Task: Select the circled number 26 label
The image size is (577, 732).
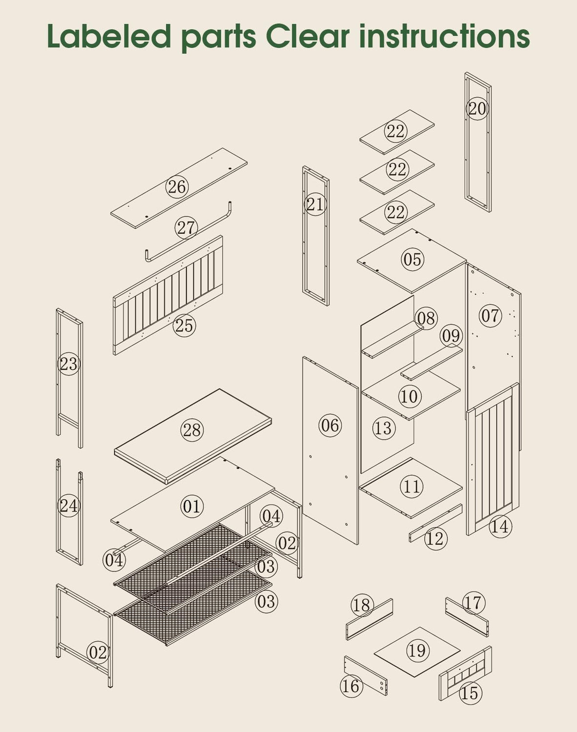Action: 177,187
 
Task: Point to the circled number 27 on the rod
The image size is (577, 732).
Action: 186,228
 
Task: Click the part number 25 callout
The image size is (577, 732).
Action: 185,325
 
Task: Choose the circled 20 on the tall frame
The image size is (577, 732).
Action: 477,109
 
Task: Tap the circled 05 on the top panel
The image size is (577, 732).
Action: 412,259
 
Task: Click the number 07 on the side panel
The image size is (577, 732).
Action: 490,316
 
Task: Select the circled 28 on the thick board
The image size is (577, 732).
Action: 192,430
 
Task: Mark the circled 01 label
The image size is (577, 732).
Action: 192,506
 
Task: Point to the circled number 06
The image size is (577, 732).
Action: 330,426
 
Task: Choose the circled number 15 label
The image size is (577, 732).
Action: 471,693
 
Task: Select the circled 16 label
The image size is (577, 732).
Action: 351,686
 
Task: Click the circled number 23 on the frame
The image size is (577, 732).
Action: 69,364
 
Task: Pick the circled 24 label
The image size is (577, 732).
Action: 69,506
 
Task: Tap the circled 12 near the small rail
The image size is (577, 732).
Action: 435,538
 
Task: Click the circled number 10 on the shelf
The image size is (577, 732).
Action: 410,396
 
